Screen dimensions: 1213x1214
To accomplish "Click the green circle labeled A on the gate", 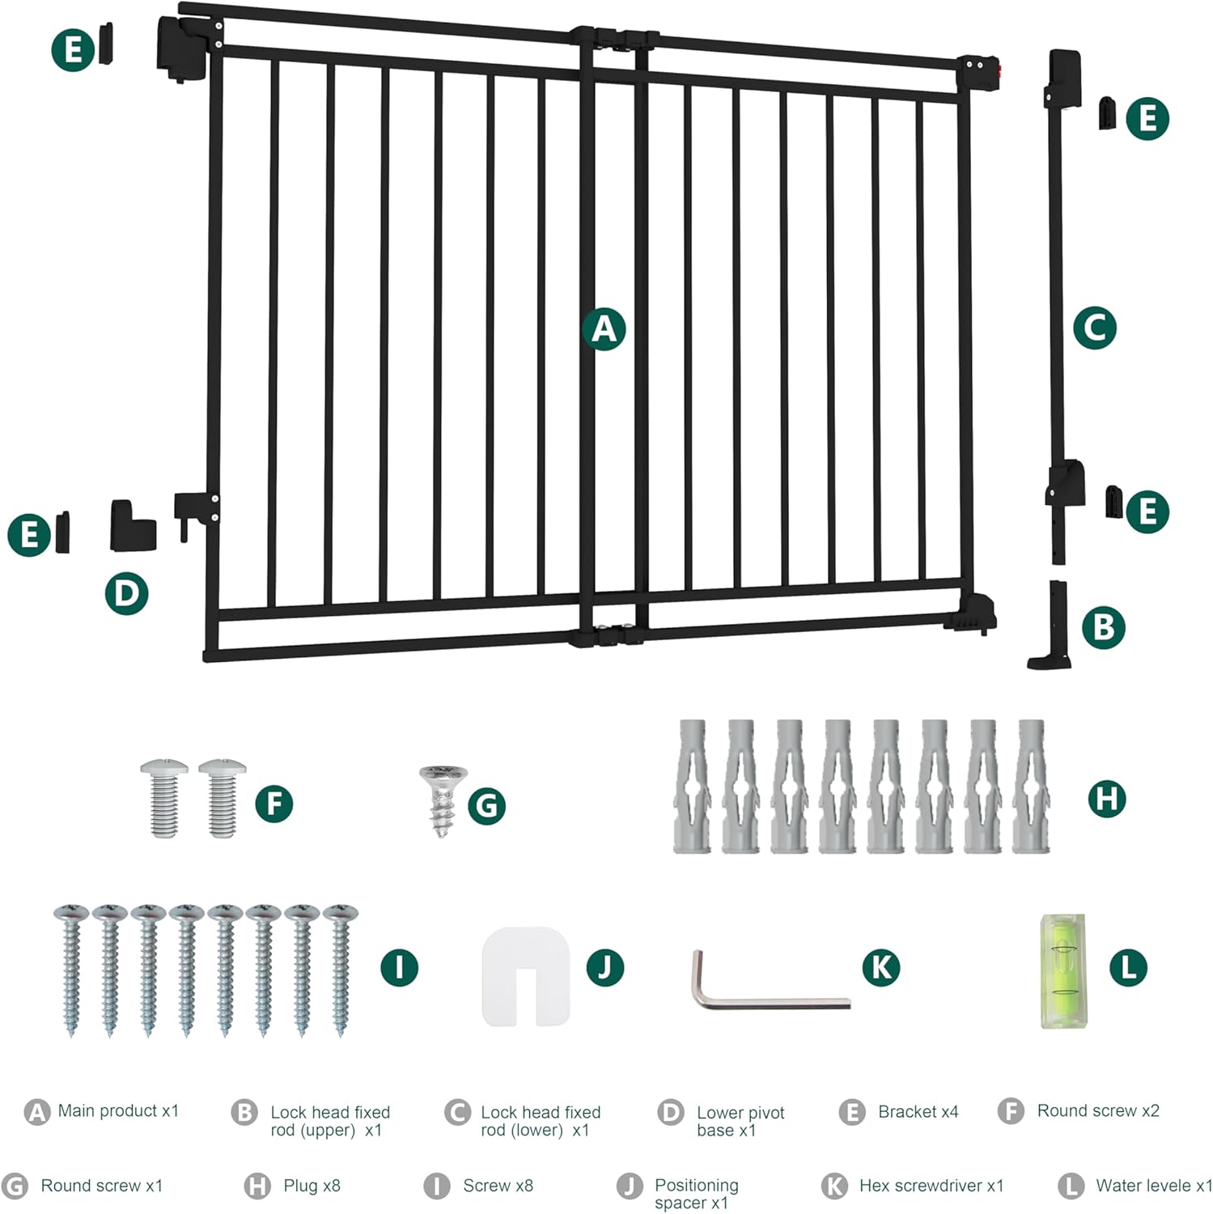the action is (604, 329).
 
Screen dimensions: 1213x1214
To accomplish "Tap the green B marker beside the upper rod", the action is (1103, 627).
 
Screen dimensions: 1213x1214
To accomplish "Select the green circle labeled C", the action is (1095, 328).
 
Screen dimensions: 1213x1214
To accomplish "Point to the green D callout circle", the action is (126, 593).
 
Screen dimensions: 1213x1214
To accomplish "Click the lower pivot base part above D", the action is (133, 526).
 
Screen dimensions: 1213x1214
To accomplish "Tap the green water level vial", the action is (1062, 971).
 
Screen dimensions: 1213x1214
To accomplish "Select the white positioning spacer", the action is (526, 975).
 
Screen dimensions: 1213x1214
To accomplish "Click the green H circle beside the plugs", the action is (1106, 799).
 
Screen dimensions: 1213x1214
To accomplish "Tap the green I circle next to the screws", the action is (399, 967).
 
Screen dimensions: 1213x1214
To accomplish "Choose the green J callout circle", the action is (604, 967).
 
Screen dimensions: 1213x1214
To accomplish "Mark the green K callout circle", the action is (881, 967).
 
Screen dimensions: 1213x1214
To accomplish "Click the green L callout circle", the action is (1128, 967).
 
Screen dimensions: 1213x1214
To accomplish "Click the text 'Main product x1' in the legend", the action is (118, 1111).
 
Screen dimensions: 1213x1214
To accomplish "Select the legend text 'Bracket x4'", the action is (918, 1112).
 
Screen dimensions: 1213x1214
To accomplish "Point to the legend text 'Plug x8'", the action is (312, 1186).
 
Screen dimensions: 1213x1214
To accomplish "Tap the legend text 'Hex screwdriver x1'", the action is (931, 1186).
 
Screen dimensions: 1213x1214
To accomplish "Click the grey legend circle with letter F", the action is (1011, 1111).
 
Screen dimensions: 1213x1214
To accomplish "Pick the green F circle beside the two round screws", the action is (274, 804).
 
